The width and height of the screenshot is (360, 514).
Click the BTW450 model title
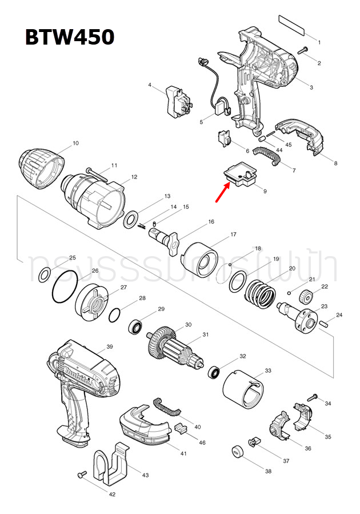(x=69, y=37)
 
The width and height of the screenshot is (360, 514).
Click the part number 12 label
(x=134, y=177)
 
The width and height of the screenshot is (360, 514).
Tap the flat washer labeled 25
(x=43, y=276)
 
